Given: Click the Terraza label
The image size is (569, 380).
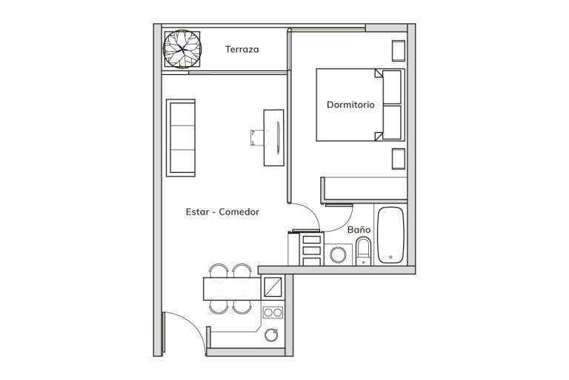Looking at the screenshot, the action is (242, 49).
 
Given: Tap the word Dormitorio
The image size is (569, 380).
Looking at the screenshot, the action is (350, 105).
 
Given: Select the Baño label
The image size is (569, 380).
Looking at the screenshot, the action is (359, 229).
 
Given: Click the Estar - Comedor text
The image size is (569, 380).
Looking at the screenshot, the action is (222, 212).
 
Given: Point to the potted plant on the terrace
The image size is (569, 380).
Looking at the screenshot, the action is (182, 49).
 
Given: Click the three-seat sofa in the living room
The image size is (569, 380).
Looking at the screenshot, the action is (181, 138).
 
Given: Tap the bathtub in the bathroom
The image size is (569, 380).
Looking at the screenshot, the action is (390, 235).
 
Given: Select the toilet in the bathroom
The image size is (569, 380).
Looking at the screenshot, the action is (363, 251).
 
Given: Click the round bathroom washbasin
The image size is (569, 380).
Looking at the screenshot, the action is (338, 255).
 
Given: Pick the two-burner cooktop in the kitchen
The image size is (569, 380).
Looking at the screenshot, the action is (273, 312).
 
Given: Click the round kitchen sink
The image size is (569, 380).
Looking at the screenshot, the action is (271, 335).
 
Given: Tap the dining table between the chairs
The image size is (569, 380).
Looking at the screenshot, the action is (232, 289).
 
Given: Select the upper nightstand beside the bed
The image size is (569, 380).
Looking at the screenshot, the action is (399, 51).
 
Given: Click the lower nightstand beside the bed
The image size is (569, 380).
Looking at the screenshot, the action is (399, 159).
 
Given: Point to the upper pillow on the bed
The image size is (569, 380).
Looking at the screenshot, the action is (392, 88).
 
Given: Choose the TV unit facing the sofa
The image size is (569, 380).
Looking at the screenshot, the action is (274, 138).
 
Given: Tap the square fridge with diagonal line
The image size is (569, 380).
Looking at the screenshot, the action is (273, 287).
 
